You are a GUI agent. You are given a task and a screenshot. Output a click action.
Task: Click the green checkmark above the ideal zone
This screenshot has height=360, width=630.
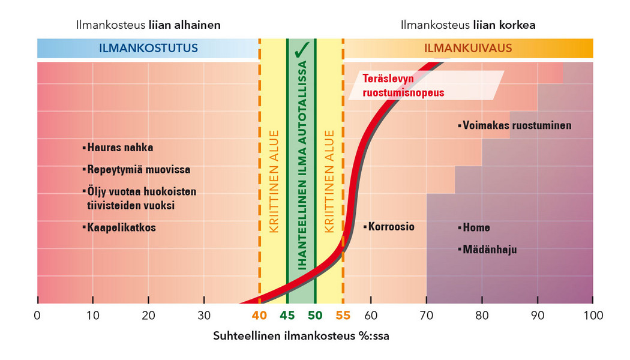click(301, 48)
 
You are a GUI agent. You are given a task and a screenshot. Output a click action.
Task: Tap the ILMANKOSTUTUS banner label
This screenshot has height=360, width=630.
click(148, 48)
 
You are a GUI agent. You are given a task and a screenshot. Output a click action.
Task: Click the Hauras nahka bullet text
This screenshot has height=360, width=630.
click(120, 148)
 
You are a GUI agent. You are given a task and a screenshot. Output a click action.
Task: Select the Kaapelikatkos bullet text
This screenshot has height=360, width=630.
click(121, 228)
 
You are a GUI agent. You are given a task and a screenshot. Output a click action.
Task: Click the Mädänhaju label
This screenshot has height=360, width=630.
click(490, 249)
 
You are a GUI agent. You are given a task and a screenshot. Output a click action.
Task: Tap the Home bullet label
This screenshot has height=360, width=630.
click(476, 227)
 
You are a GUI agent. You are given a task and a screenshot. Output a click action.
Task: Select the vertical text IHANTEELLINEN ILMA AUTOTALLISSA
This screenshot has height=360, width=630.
click(301, 174)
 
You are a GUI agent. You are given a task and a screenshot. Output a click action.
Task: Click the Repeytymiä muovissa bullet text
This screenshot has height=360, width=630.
click(139, 170)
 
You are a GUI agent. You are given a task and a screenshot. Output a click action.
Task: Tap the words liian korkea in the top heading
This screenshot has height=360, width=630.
click(504, 25)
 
